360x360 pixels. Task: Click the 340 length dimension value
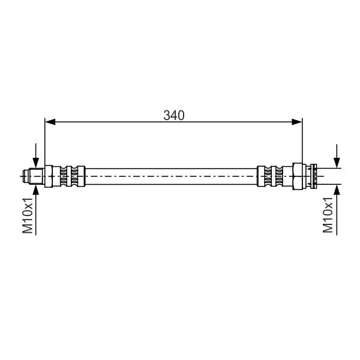click(174, 115)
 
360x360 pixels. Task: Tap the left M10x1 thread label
click(28, 215)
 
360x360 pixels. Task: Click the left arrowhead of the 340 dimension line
click(50, 122)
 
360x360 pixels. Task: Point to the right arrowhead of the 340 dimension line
click(296, 122)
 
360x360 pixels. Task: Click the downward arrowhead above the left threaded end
click(36, 163)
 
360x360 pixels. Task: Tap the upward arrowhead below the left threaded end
click(36, 190)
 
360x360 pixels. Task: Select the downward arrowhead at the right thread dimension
click(337, 163)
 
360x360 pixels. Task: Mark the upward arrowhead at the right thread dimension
click(337, 190)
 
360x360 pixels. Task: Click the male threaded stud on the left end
click(36, 176)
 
